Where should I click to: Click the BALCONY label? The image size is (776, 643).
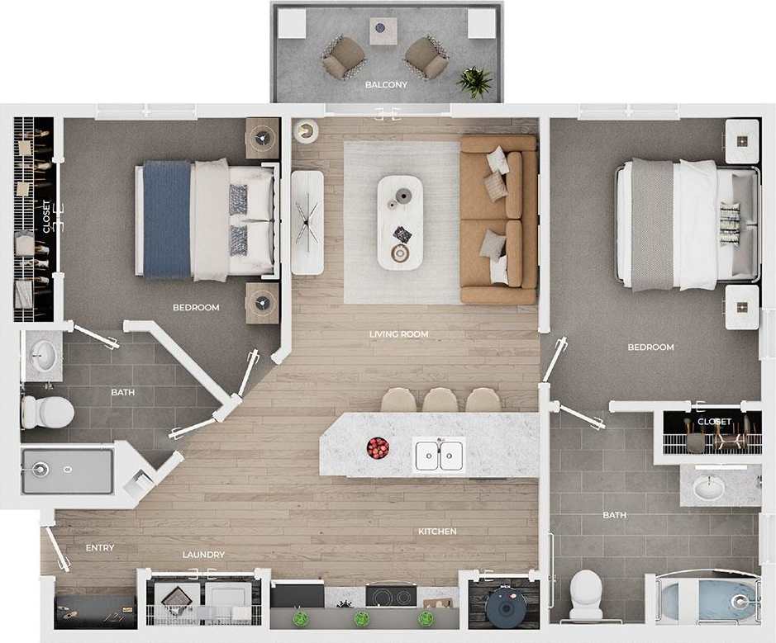point(386,85)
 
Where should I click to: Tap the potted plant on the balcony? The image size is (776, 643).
point(475,81)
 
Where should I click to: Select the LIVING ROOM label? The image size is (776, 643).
point(399,334)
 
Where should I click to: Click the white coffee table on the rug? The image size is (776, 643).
point(400,222)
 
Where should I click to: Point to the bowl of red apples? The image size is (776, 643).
point(378,448)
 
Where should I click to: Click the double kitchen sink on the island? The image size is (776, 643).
point(439,455)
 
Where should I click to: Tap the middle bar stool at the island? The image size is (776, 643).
point(440,401)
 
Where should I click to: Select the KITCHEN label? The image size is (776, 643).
point(437,532)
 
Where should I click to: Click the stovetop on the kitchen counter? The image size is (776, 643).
point(391,596)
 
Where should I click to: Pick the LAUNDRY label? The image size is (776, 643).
point(203,556)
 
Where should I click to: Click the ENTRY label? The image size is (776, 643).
point(100,548)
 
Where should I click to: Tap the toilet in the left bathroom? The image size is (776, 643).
point(37,411)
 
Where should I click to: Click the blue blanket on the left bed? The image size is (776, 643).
point(167,220)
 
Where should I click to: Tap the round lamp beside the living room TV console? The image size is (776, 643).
point(307,131)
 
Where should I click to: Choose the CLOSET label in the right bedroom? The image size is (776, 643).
point(714,422)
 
